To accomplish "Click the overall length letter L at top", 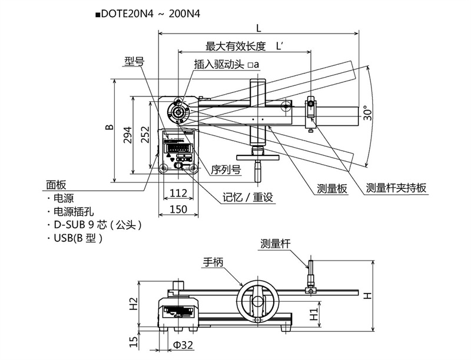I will (x=259, y=27).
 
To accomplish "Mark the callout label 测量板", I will (x=333, y=188).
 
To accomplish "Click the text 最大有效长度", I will (x=236, y=46).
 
